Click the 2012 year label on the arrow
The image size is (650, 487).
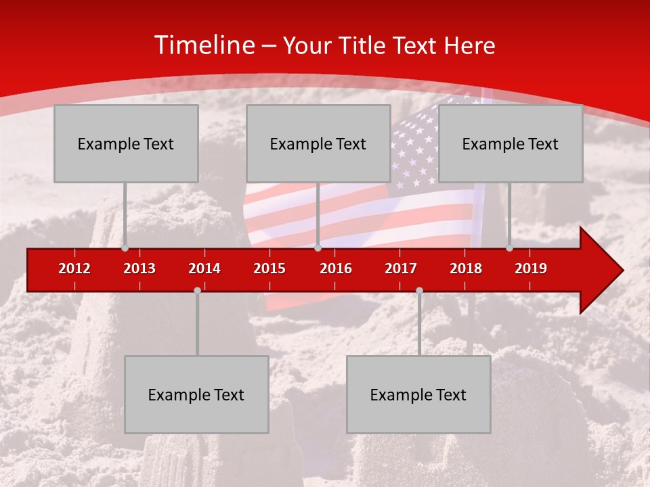(74, 269)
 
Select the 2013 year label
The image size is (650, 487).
(139, 269)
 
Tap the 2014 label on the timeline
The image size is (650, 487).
(204, 269)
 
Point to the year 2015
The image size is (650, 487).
(269, 269)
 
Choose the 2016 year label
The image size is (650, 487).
(336, 269)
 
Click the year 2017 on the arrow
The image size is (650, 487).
(401, 269)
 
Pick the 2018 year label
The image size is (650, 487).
(466, 269)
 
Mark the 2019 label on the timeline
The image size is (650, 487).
(531, 269)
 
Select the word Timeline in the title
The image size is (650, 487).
(204, 45)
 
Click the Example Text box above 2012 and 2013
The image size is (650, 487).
(126, 143)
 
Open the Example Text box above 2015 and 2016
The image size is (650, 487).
(318, 143)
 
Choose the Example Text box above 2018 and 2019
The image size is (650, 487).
(511, 143)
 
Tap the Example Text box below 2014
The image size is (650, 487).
(196, 394)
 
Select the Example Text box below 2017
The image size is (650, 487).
(418, 394)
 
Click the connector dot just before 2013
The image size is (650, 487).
(125, 248)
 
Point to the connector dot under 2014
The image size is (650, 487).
(197, 290)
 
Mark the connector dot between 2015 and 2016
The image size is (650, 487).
(318, 248)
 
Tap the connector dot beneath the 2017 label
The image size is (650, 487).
(419, 290)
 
